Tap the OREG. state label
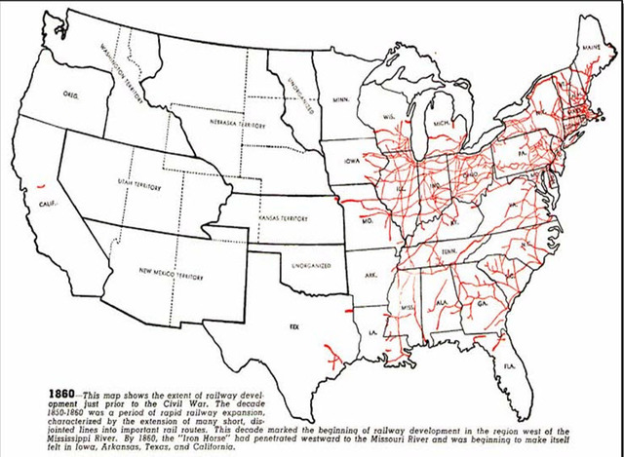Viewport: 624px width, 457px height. tap(71, 95)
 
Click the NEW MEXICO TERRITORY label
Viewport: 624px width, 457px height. tap(171, 277)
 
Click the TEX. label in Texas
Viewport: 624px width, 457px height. tap(293, 327)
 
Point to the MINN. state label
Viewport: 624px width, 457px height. tap(340, 100)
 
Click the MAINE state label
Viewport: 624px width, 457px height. tap(591, 46)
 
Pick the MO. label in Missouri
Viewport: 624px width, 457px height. tap(368, 222)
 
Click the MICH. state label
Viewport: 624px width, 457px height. tap(441, 126)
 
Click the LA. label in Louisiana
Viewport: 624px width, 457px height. tap(372, 333)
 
